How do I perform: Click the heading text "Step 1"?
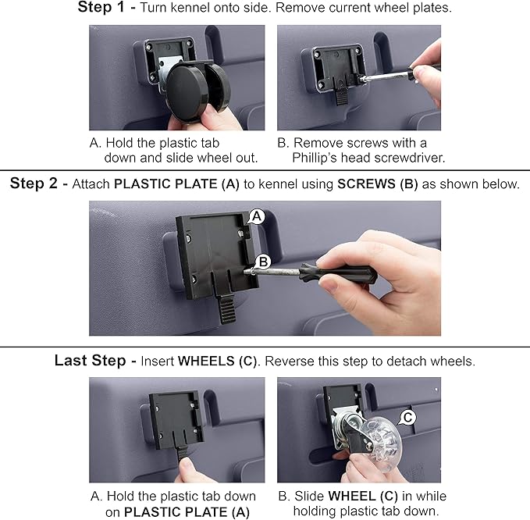(x=101, y=7)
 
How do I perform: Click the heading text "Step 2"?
(x=34, y=183)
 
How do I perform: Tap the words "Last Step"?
(x=91, y=361)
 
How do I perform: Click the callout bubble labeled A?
(x=257, y=216)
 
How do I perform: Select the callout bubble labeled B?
(x=263, y=262)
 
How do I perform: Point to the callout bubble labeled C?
(x=407, y=418)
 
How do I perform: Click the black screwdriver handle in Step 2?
(x=338, y=273)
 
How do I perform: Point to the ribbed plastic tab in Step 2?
(x=227, y=308)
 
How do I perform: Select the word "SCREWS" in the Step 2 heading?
(x=366, y=184)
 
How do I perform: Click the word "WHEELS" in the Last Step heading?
(x=206, y=361)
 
